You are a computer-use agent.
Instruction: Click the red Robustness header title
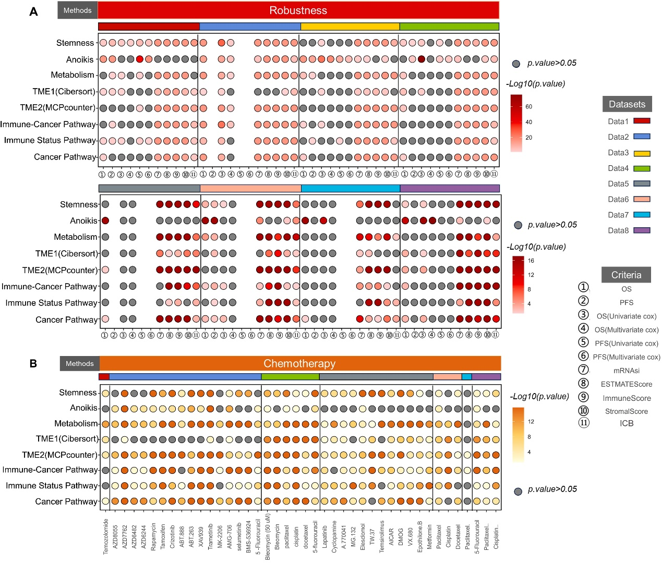298,10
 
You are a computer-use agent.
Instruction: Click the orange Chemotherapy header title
299,363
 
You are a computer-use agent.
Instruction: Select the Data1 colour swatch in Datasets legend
642,121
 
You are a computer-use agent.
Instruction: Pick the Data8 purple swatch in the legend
642,230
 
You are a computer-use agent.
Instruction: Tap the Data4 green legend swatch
642,168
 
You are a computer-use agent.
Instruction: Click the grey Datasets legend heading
627,104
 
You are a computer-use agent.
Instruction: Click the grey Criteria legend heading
626,275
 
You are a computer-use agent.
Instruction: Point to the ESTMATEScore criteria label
626,384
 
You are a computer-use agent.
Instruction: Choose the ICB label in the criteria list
627,423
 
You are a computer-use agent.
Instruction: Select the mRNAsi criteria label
627,371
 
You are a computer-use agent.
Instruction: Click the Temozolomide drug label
106,536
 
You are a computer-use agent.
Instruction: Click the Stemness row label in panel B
78,393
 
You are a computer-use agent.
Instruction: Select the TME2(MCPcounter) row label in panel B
59,455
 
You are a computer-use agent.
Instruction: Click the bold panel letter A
33,11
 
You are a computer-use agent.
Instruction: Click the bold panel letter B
33,363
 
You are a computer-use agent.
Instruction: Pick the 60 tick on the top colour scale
528,106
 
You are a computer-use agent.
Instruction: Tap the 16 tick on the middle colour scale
531,261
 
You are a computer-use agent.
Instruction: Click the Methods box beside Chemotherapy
79,363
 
